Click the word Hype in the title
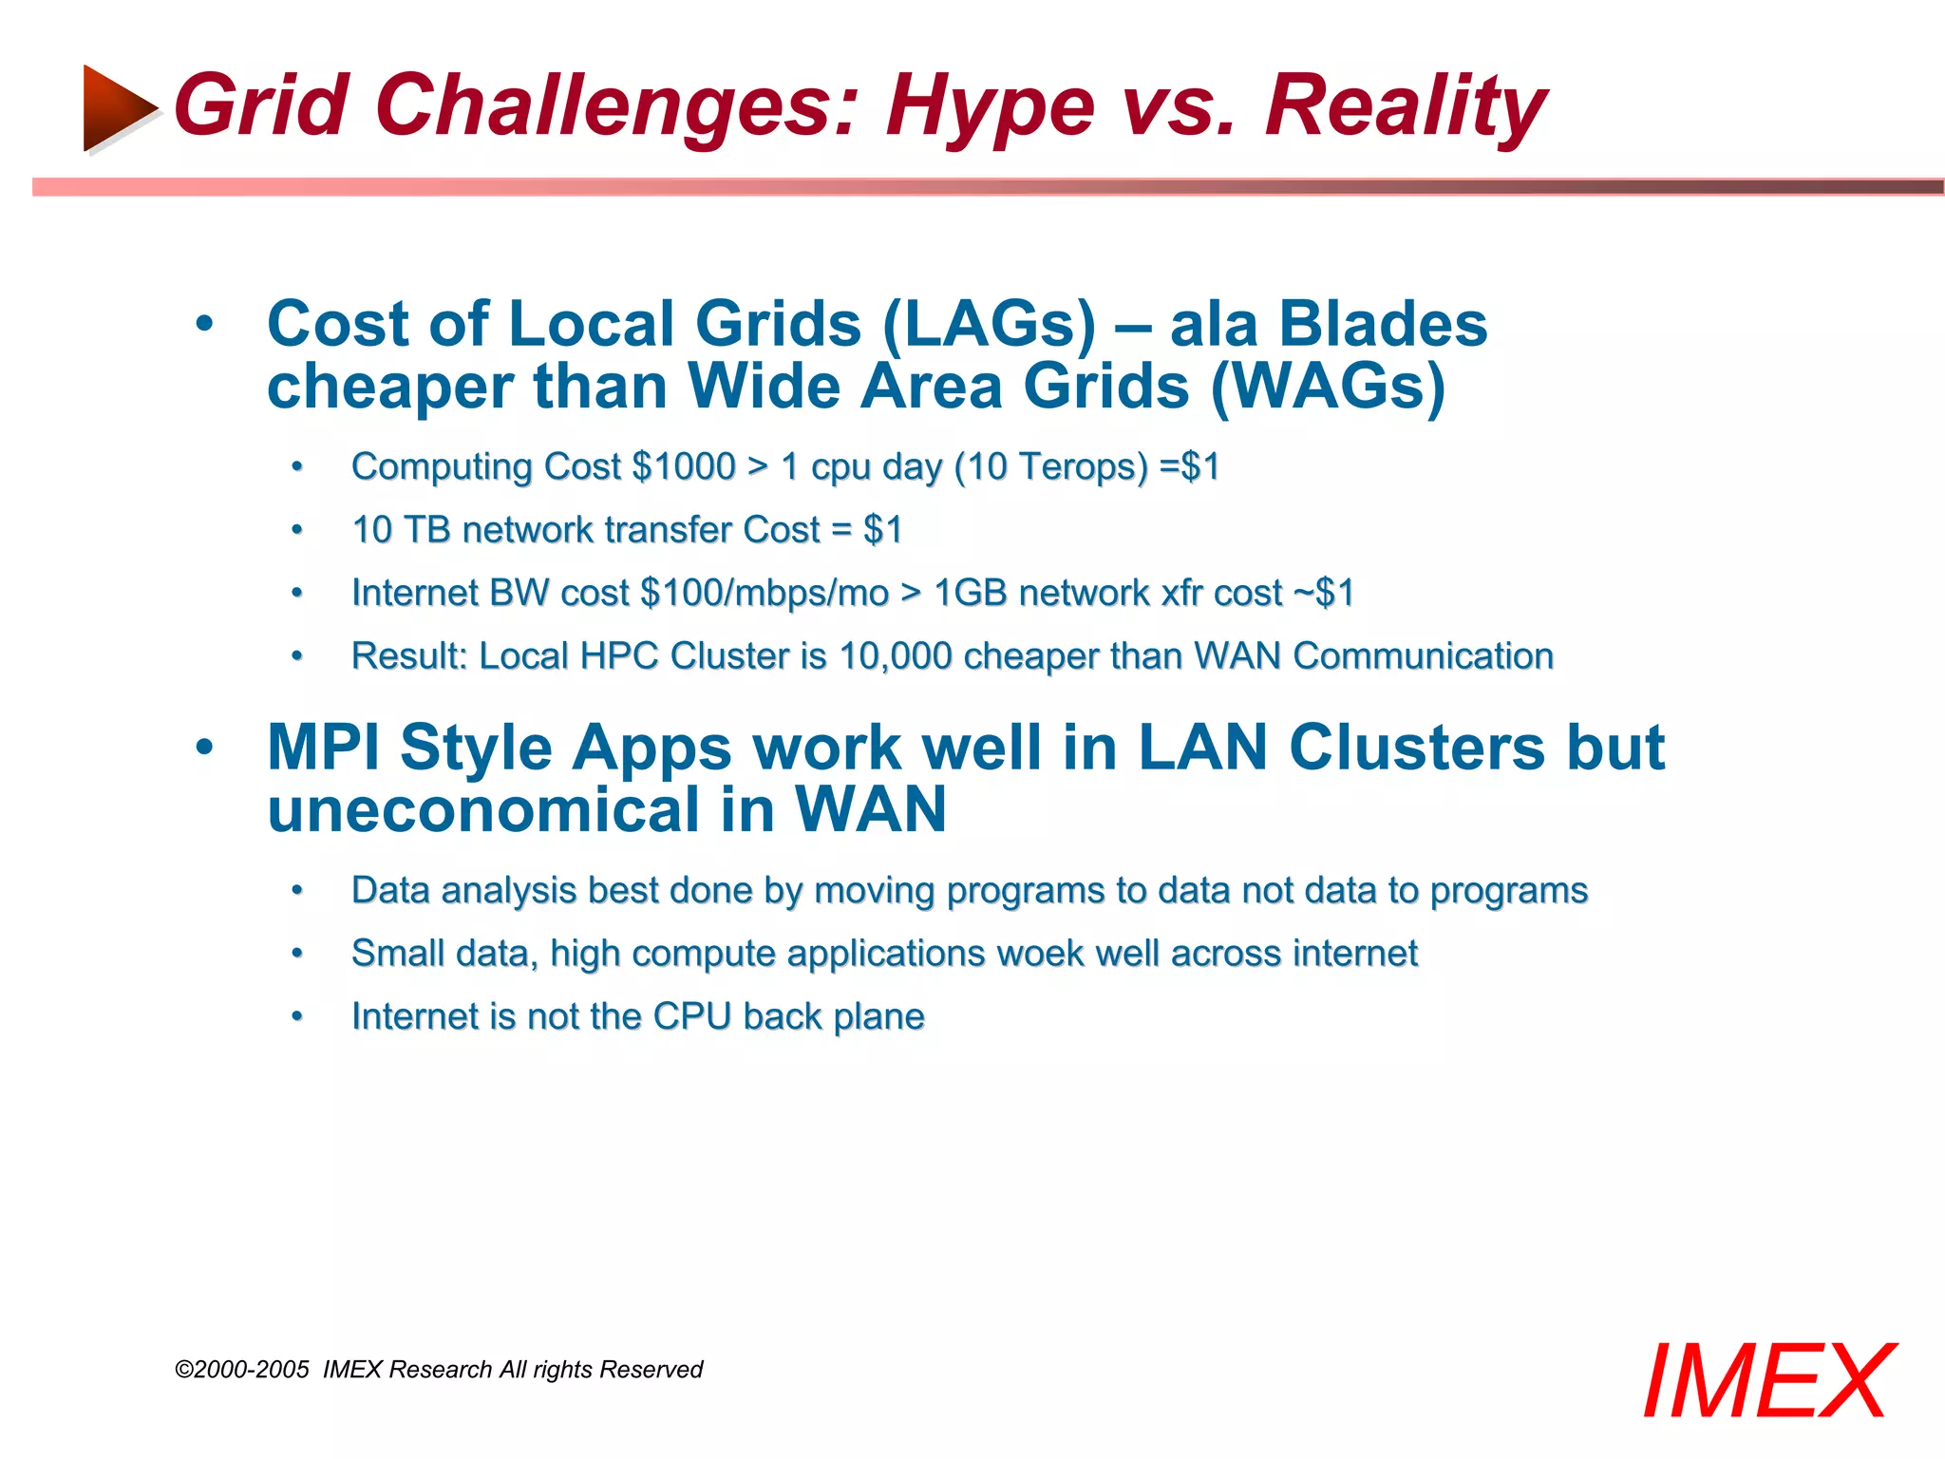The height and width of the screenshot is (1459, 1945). [x=991, y=107]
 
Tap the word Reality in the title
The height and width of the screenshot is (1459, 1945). [x=1406, y=107]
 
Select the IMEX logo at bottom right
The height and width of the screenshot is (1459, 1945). [x=1768, y=1382]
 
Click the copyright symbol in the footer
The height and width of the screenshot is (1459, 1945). [x=183, y=1370]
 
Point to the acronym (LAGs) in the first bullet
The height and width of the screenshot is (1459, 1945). [x=989, y=325]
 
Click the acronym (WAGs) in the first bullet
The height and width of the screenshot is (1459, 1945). [x=1328, y=388]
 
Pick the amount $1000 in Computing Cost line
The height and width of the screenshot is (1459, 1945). [x=683, y=466]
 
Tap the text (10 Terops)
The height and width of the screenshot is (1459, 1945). [x=1051, y=466]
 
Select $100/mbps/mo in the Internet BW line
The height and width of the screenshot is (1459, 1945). [x=765, y=593]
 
